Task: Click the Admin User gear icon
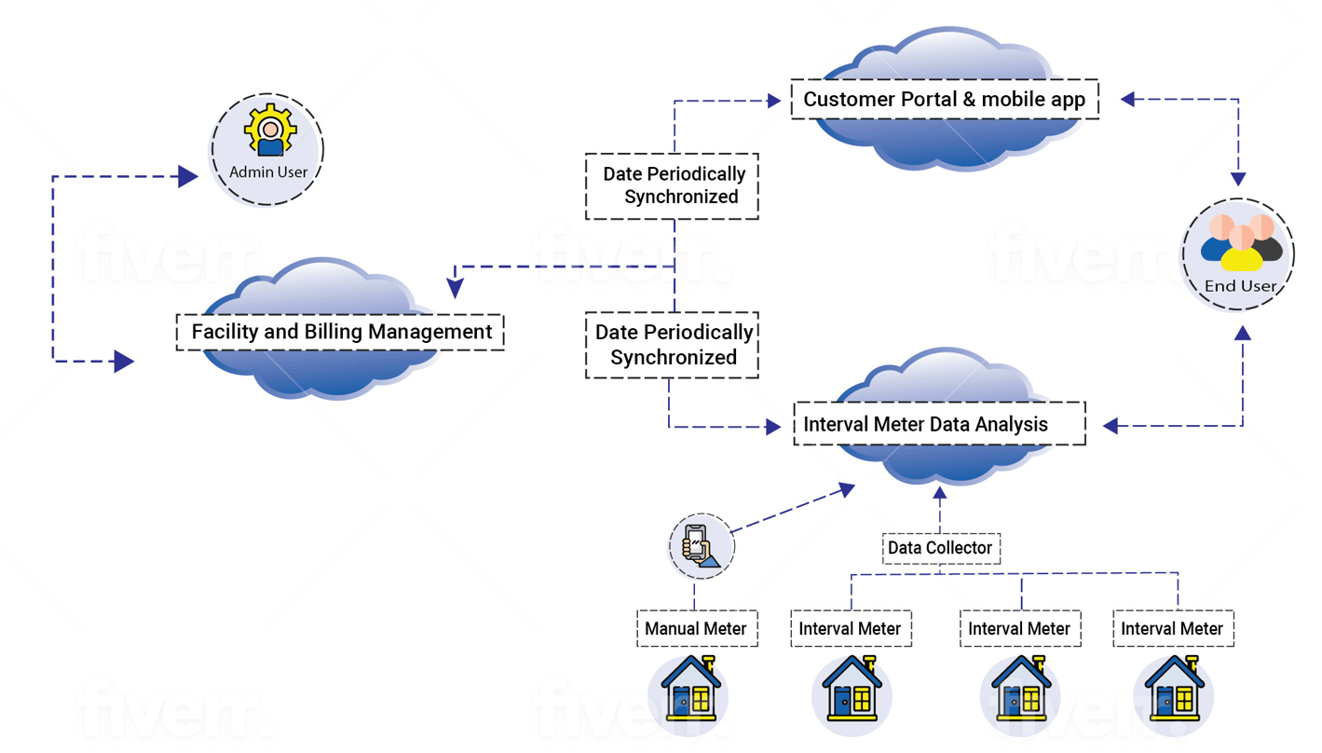pos(270,130)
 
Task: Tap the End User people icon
pos(1241,244)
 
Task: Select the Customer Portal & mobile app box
pos(944,100)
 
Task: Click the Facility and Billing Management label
pos(340,332)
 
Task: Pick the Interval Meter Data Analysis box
pos(939,424)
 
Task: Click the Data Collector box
pos(940,548)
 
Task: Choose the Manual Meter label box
pos(696,629)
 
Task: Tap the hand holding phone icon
pos(701,546)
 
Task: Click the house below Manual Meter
pos(690,691)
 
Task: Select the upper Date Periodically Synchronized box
pos(672,185)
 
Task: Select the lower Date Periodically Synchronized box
pos(672,345)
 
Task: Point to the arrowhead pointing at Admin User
pos(188,176)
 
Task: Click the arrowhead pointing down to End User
pos(1238,179)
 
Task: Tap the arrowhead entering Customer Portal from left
pos(773,101)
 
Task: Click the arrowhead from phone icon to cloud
pos(846,488)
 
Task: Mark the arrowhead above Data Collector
pos(940,493)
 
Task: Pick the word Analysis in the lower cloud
pos(1012,424)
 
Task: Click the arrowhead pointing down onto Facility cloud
pos(456,289)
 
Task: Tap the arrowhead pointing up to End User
pos(1243,334)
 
